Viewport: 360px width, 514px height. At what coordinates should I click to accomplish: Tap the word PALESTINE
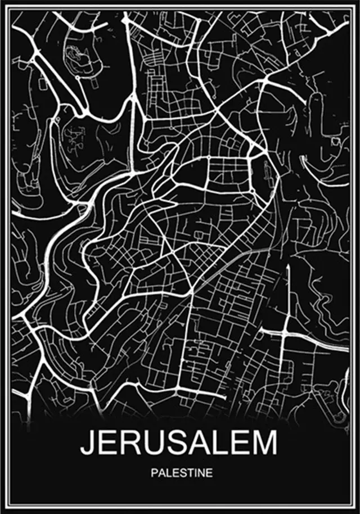coord(181,473)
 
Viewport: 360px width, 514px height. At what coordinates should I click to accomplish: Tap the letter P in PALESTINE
coord(154,473)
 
